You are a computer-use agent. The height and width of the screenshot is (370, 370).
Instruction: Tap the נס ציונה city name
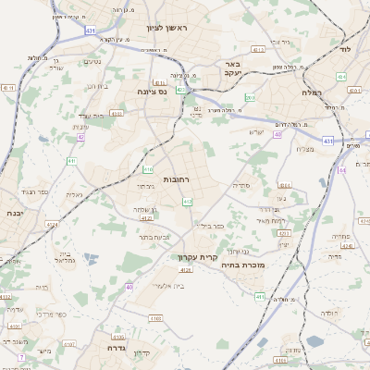150,92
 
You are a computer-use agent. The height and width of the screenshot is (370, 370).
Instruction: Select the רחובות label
176,179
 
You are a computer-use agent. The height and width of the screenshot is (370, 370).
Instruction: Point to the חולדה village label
329,314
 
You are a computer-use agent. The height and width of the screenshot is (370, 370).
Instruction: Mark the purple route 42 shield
80,137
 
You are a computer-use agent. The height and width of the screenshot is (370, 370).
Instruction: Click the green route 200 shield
250,97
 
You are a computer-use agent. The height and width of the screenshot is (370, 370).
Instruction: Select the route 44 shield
341,170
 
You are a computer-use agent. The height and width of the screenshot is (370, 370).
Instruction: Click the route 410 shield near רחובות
148,169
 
